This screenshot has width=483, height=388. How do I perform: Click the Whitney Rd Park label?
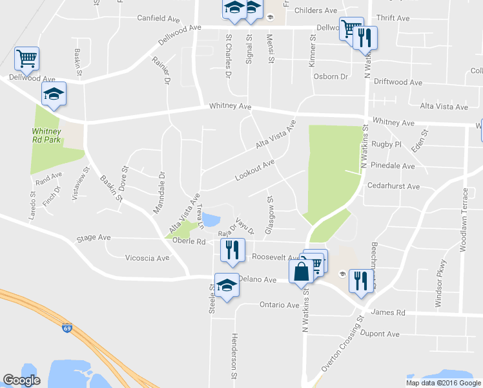[46, 136]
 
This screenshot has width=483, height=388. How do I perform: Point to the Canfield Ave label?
[158, 18]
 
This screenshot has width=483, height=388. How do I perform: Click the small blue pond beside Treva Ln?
[211, 220]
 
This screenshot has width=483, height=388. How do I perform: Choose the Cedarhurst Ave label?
[393, 187]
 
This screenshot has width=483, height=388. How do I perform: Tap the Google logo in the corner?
[21, 380]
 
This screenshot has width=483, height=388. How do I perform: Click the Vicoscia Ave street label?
[147, 257]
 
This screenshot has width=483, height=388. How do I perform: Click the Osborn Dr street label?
[330, 76]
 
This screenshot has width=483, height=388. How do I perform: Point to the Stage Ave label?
[94, 238]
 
